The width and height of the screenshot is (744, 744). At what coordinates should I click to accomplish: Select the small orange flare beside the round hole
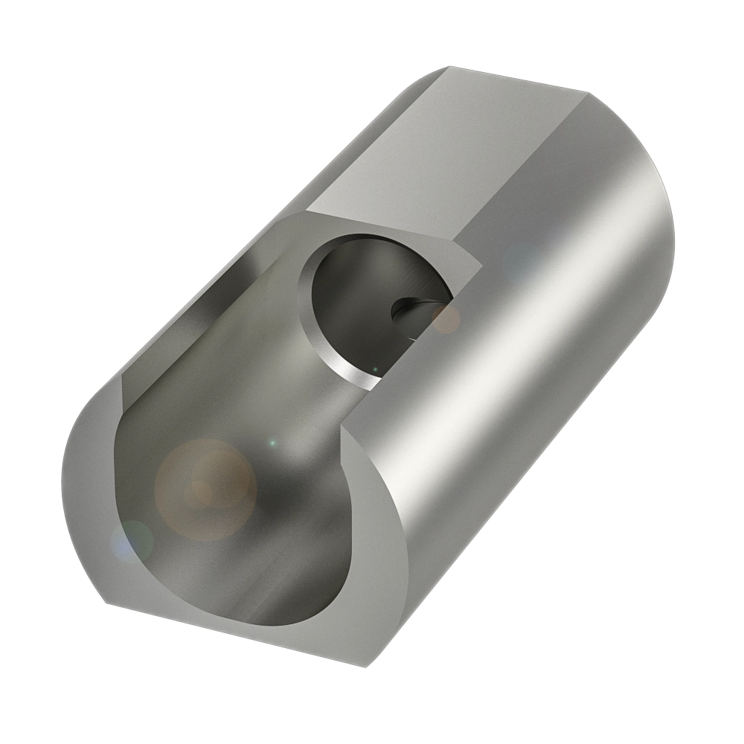pyautogui.click(x=446, y=319)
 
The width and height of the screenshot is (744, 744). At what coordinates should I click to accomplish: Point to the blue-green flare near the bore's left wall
pyautogui.click(x=132, y=539)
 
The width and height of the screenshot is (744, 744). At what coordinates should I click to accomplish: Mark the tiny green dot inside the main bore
pyautogui.click(x=272, y=443)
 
